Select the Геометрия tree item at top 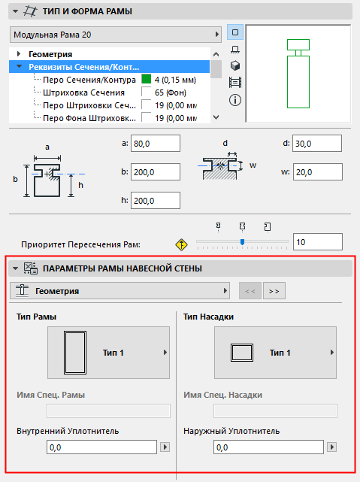tap(50, 54)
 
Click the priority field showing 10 tap(318, 242)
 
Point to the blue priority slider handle tap(242, 241)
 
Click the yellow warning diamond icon tap(180, 243)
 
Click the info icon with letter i tap(235, 99)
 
